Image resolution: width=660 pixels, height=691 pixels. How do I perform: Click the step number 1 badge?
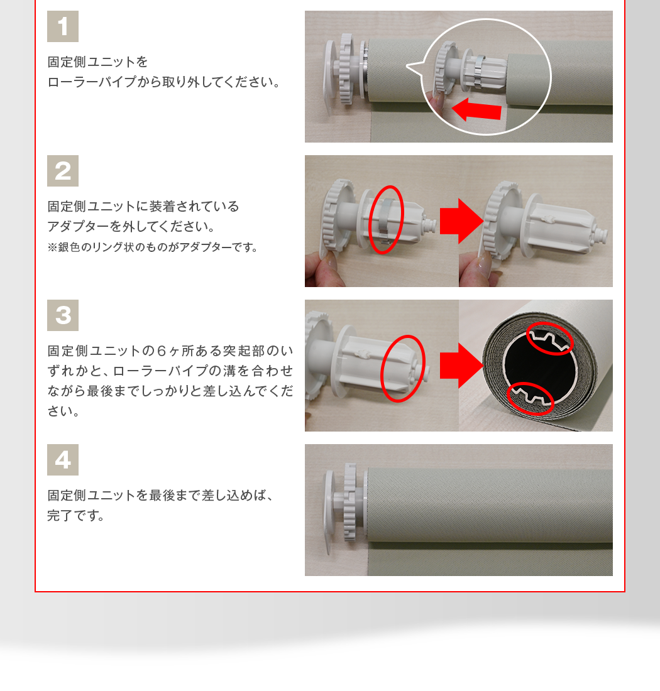click(63, 26)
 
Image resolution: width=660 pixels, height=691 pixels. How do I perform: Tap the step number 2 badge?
click(63, 171)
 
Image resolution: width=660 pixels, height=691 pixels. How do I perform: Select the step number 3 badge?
click(63, 315)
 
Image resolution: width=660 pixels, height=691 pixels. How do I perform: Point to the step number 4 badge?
click(63, 460)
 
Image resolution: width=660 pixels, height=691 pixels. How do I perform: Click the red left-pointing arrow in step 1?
click(476, 110)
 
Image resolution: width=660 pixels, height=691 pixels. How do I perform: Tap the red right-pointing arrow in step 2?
click(461, 221)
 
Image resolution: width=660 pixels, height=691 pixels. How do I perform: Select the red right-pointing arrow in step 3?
click(461, 366)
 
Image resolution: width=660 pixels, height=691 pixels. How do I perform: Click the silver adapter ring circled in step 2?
click(385, 220)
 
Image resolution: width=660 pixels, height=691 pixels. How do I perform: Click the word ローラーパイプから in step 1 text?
click(104, 82)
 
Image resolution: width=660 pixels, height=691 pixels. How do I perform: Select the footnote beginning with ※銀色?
click(153, 248)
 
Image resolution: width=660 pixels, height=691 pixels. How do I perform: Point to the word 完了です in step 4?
click(75, 515)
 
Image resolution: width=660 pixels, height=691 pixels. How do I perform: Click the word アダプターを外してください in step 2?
click(131, 227)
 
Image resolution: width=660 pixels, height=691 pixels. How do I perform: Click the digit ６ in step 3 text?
click(162, 351)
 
